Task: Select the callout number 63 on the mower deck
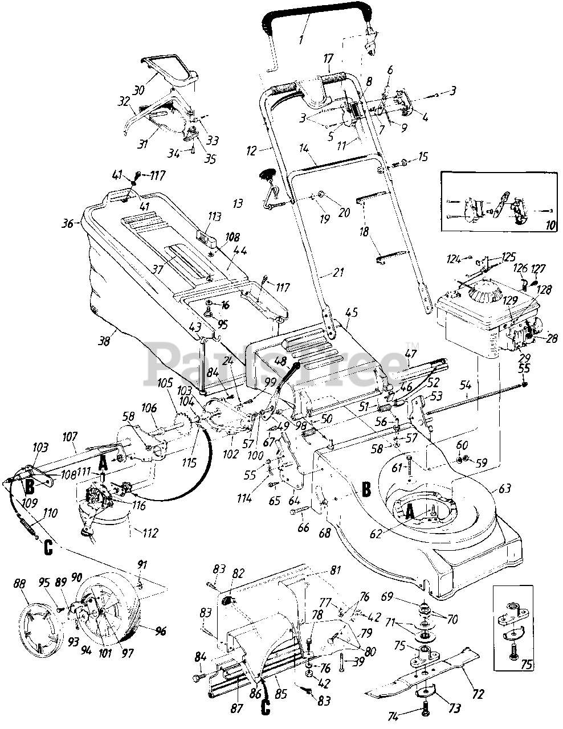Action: pyautogui.click(x=505, y=488)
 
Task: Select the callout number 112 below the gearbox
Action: pyautogui.click(x=135, y=534)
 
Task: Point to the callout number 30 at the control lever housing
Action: pyautogui.click(x=137, y=90)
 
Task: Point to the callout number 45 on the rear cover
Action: pyautogui.click(x=352, y=312)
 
